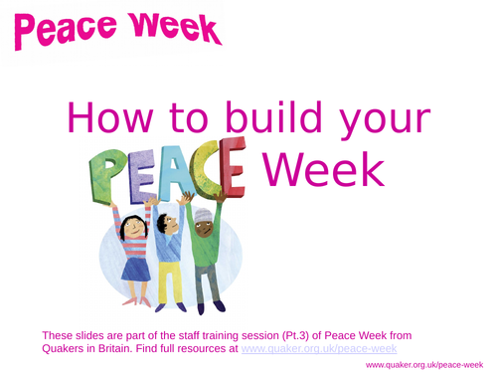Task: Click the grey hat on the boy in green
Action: click(x=203, y=216)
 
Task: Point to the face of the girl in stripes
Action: click(x=132, y=231)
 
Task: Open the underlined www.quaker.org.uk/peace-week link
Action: click(x=319, y=349)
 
